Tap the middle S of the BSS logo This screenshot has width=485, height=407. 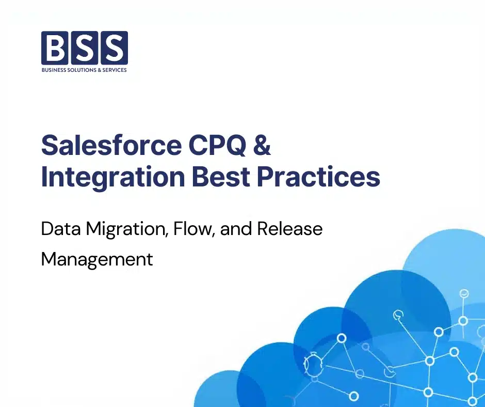[85, 48]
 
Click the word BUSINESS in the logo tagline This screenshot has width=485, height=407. [54, 70]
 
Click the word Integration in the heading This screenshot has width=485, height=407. [113, 177]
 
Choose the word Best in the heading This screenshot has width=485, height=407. [221, 177]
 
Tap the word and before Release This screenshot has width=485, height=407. [232, 228]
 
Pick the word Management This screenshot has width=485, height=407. [97, 259]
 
